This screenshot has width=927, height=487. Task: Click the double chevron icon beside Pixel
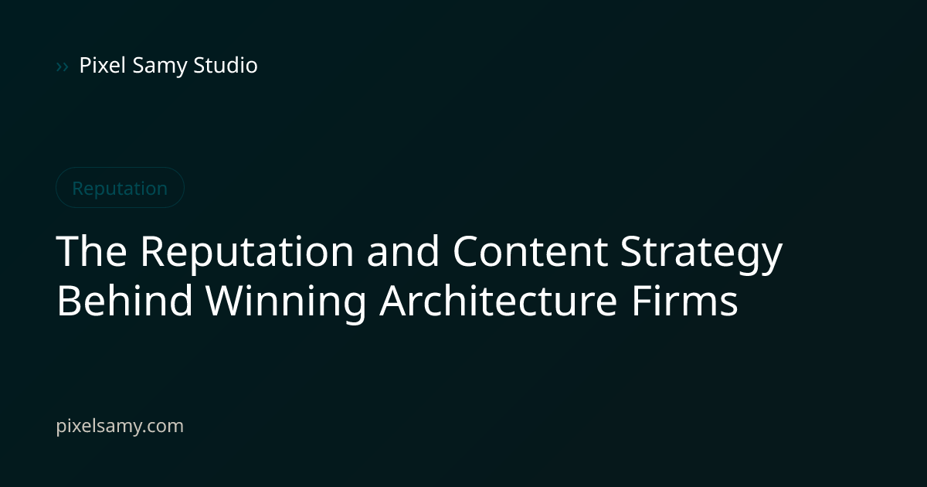click(x=62, y=66)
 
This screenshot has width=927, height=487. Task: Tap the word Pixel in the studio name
click(x=102, y=65)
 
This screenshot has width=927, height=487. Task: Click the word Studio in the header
click(x=226, y=65)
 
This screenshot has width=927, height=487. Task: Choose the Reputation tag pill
click(x=120, y=188)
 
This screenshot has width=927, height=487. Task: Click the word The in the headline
click(x=91, y=250)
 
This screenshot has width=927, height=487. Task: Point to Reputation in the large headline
click(x=247, y=254)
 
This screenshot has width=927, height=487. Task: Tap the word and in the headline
click(x=402, y=250)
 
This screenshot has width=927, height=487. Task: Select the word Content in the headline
click(x=531, y=251)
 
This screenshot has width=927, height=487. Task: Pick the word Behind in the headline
click(x=124, y=300)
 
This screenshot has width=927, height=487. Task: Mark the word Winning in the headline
click(x=286, y=303)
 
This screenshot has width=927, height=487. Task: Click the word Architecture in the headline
click(x=498, y=300)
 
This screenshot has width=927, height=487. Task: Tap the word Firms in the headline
click(x=685, y=300)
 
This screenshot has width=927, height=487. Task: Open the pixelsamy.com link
click(x=120, y=426)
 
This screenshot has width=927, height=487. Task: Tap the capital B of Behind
click(x=68, y=300)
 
